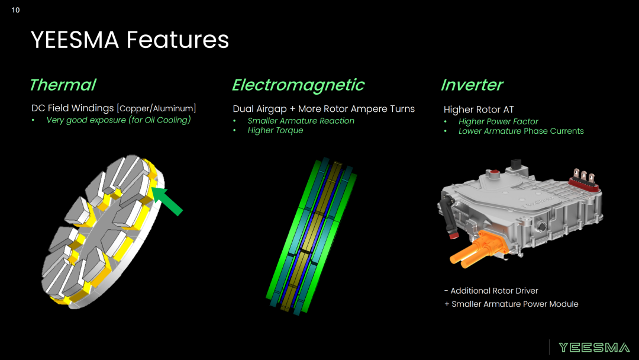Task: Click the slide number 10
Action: [x=15, y=10]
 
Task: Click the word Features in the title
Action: [x=177, y=40]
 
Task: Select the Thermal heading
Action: [x=63, y=85]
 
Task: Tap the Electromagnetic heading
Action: [x=298, y=85]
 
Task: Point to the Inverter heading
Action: [x=472, y=85]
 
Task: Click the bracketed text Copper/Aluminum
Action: [x=156, y=108]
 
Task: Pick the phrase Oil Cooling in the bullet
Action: [x=167, y=120]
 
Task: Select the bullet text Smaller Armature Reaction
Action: [x=301, y=121]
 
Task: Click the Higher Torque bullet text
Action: [x=275, y=130]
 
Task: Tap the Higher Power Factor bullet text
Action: [x=498, y=121]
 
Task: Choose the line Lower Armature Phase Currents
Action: [x=521, y=131]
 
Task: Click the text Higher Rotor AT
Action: [x=479, y=110]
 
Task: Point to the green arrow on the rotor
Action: [x=167, y=201]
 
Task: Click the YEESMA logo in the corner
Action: [x=594, y=348]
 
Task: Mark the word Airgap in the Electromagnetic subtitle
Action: [x=272, y=110]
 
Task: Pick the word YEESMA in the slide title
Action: [x=75, y=40]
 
